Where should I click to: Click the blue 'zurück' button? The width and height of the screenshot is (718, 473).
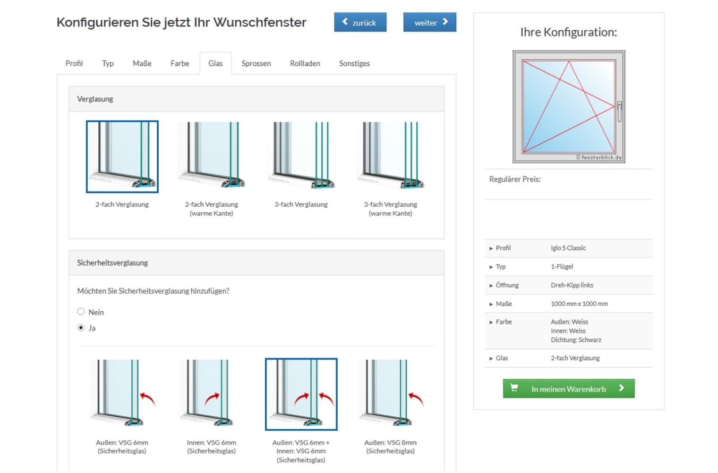pyautogui.click(x=360, y=22)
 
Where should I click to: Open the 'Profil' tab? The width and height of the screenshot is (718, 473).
pyautogui.click(x=74, y=63)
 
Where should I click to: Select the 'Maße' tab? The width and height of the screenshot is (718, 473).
pyautogui.click(x=142, y=63)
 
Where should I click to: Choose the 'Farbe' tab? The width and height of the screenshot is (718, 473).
pyautogui.click(x=179, y=63)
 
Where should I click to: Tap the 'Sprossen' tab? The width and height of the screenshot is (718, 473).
pyautogui.click(x=256, y=63)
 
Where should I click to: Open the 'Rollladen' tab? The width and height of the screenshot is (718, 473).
pyautogui.click(x=305, y=63)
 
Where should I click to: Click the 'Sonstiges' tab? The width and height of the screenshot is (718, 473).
pyautogui.click(x=354, y=63)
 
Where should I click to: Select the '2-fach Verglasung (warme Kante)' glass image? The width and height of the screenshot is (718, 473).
pyautogui.click(x=211, y=156)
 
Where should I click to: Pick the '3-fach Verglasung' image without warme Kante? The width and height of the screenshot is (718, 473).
pyautogui.click(x=301, y=156)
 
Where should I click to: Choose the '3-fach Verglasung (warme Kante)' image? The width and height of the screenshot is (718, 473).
pyautogui.click(x=390, y=156)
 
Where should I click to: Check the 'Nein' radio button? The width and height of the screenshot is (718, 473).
pyautogui.click(x=81, y=312)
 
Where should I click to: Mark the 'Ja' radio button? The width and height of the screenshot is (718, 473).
pyautogui.click(x=81, y=328)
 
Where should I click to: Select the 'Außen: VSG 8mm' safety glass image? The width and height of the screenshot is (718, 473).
pyautogui.click(x=390, y=394)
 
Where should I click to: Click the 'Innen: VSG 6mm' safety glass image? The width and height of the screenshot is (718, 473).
pyautogui.click(x=211, y=394)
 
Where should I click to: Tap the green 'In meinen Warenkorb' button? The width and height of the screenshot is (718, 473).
pyautogui.click(x=568, y=389)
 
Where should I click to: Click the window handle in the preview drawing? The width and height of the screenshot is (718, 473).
pyautogui.click(x=619, y=111)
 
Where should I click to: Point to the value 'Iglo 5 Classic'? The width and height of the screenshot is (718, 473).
pyautogui.click(x=568, y=248)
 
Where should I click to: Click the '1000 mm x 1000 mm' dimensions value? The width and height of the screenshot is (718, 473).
pyautogui.click(x=579, y=304)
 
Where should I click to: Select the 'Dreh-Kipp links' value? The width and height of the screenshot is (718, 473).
pyautogui.click(x=572, y=285)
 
